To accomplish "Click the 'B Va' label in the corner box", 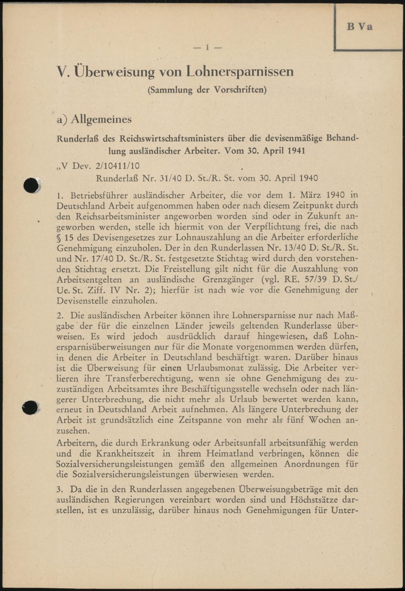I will click(359, 27).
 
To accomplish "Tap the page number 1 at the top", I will click(207, 48).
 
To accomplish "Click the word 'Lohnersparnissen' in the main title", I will click(240, 72).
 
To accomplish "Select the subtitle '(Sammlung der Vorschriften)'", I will click(207, 90).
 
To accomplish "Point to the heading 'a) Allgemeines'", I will click(94, 119).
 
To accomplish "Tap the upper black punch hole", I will click(32, 185).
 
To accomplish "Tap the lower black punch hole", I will click(30, 408).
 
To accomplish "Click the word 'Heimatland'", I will click(224, 453).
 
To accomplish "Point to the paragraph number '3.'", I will click(60, 489).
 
